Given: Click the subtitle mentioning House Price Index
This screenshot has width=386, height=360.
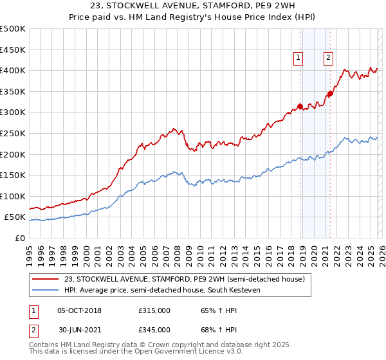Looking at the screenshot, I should click(x=193, y=18).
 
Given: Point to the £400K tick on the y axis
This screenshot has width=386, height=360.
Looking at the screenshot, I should click(x=13, y=70).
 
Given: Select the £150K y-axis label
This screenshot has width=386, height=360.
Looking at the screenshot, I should click(x=13, y=175).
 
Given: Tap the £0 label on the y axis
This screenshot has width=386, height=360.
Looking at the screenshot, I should click(x=19, y=238).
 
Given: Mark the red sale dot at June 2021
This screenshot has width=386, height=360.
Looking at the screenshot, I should click(x=330, y=93).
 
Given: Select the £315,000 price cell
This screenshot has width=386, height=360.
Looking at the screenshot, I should click(x=154, y=310).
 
